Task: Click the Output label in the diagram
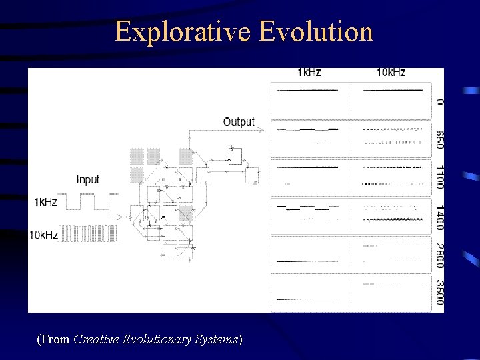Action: pos(239,121)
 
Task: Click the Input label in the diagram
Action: pos(87,179)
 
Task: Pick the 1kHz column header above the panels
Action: pos(309,72)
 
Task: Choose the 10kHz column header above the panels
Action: pos(390,72)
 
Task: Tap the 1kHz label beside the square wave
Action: pos(45,202)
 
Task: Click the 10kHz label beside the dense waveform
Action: pos(43,235)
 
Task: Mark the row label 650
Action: pos(439,139)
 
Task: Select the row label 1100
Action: pos(439,177)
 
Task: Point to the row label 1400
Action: pos(439,218)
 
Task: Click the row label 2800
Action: pos(439,256)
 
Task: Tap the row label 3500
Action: pos(439,293)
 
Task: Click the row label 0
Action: pos(439,101)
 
